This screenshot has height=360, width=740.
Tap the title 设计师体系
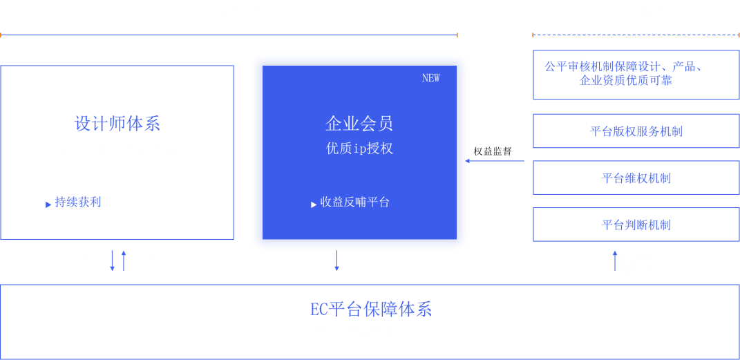(117, 124)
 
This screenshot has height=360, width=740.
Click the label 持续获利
(77, 202)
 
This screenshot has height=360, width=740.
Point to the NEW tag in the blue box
(430, 78)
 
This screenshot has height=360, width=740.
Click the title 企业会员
(359, 124)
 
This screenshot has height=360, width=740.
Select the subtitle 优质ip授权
(359, 149)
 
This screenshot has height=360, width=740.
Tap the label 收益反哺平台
(354, 202)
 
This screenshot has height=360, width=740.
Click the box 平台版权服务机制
(636, 131)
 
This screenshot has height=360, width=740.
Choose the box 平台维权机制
(636, 178)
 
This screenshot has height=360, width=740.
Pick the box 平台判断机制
(636, 225)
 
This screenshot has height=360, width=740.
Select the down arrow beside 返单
(336, 260)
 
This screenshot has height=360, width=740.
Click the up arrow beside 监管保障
(614, 262)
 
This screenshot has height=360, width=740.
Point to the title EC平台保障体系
(370, 309)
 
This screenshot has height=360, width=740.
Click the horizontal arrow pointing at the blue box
(495, 161)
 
